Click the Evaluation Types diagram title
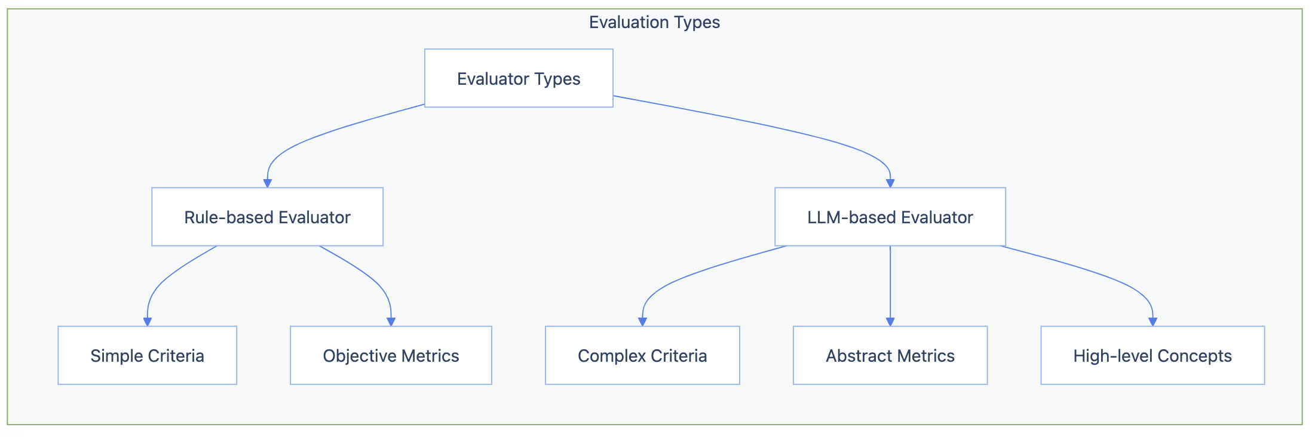[654, 23]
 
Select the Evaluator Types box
[519, 78]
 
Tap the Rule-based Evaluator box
[267, 217]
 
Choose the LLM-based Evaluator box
[890, 217]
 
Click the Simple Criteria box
[147, 355]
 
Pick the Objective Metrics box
[391, 355]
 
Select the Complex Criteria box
[642, 355]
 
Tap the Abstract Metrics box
[890, 355]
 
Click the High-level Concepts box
[1152, 355]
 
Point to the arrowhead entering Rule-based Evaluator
[268, 183]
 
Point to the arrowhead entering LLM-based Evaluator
[890, 183]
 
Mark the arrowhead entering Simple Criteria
[148, 322]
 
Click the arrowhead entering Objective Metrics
[391, 322]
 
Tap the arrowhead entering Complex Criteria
[643, 322]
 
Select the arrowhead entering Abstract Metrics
[890, 322]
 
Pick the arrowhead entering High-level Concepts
[1153, 322]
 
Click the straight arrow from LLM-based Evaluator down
[890, 281]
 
